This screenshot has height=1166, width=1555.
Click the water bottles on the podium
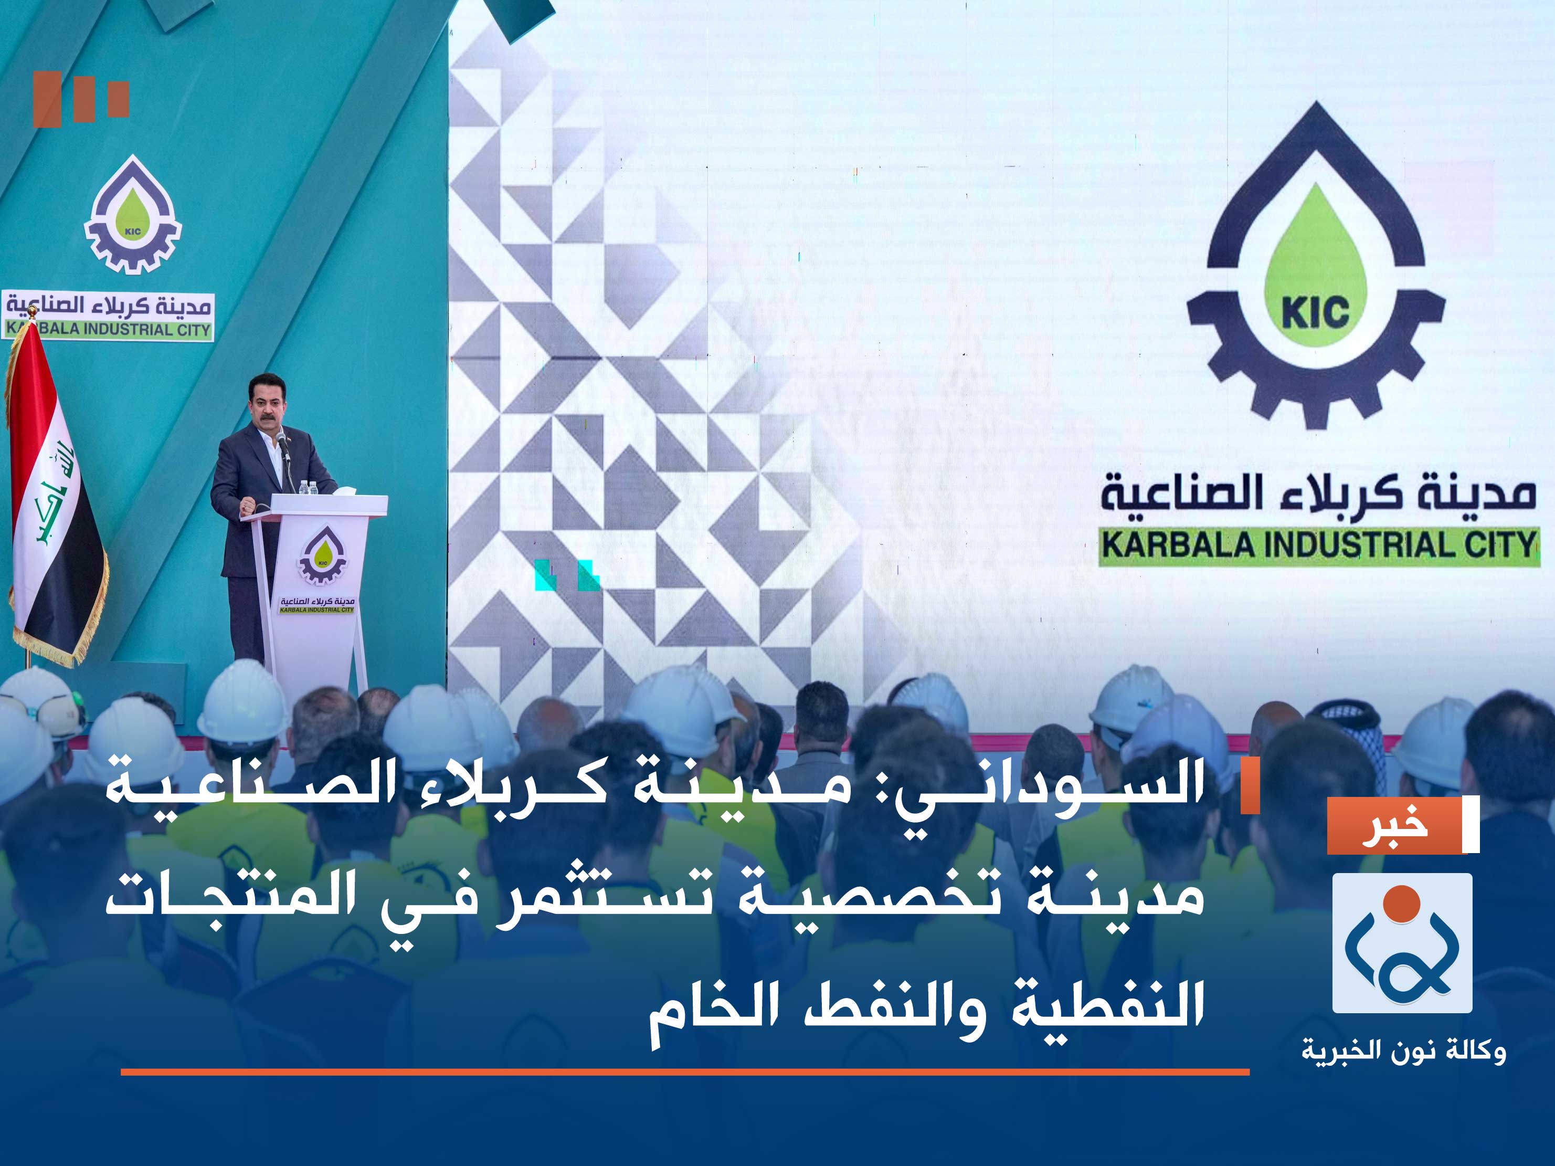(x=308, y=487)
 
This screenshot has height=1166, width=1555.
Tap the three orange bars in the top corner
(x=81, y=99)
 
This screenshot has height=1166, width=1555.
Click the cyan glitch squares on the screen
(x=567, y=574)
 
